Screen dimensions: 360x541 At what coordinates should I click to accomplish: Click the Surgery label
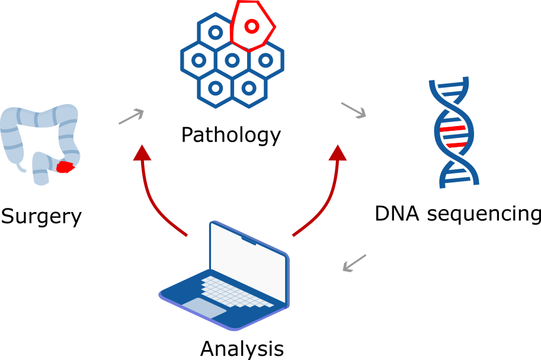41,217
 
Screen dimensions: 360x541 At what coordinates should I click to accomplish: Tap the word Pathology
231,136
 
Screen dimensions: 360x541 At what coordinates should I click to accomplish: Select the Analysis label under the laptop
242,348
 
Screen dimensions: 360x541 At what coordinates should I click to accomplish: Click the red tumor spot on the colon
65,167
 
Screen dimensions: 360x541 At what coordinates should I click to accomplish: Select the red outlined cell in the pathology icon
252,27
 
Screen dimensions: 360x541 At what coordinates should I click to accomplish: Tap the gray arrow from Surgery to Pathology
132,116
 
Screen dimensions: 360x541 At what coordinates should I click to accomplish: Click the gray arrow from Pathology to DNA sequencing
354,110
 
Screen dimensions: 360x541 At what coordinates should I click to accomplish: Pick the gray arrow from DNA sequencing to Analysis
355,263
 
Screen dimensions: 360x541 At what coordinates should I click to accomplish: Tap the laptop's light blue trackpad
203,308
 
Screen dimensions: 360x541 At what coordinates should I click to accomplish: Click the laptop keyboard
237,294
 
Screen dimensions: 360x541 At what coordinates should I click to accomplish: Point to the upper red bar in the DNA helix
453,128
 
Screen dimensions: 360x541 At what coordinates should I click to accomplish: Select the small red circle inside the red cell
251,26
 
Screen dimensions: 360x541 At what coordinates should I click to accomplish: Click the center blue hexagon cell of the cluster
232,60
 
